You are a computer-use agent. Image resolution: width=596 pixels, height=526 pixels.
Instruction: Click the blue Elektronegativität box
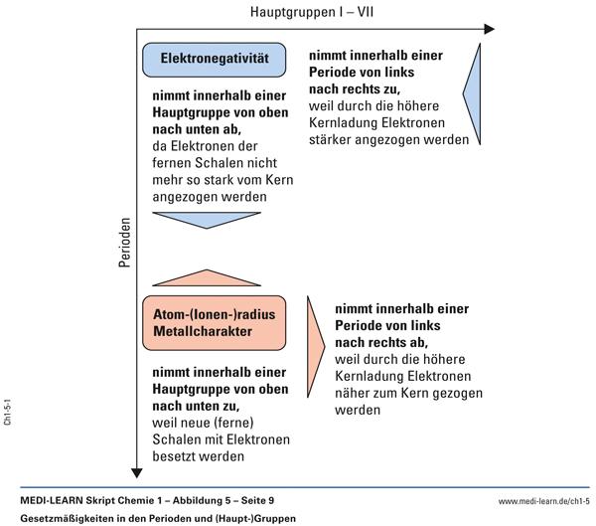coord(215,60)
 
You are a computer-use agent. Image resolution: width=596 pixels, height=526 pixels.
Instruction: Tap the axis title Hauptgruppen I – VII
coord(311,13)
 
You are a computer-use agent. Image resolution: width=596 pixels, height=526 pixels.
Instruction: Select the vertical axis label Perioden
coord(124,244)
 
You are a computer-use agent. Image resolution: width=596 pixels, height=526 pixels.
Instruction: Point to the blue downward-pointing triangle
coord(207,219)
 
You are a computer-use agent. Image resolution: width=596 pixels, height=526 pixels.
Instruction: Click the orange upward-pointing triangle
coord(207,277)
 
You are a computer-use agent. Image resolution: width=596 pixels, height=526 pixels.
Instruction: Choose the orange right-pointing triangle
coord(317,341)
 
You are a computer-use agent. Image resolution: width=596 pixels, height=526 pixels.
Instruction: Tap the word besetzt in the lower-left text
coord(175,457)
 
